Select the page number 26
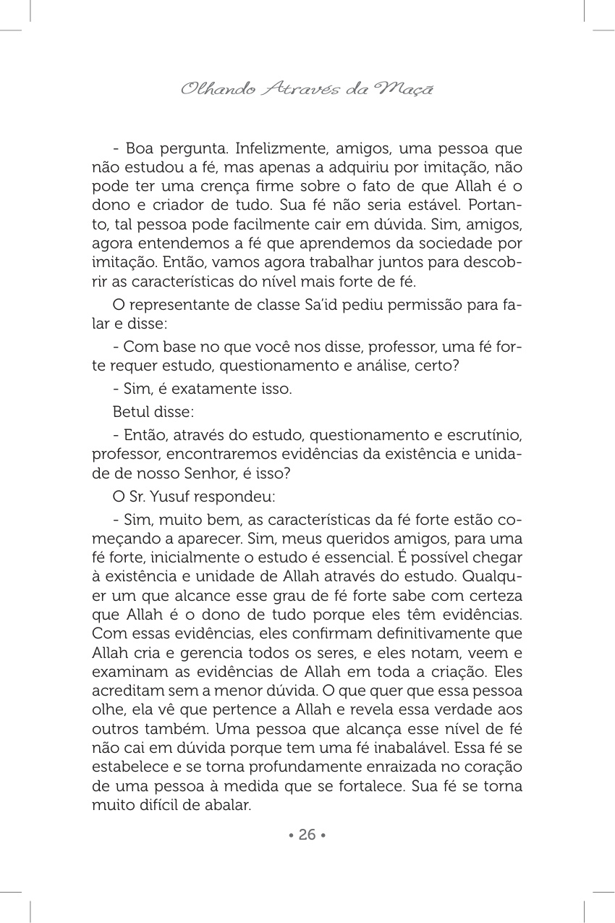tap(307, 835)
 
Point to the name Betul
tap(132, 412)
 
